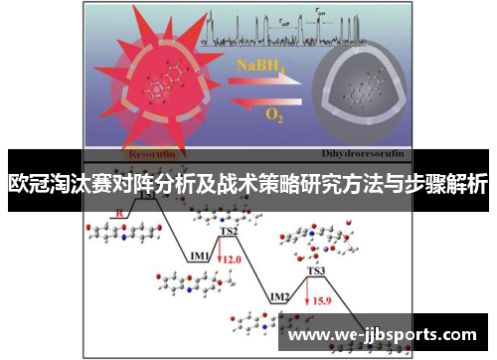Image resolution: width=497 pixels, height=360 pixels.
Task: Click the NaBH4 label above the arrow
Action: (x=259, y=66)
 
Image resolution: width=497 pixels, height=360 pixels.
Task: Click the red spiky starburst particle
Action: (x=160, y=90)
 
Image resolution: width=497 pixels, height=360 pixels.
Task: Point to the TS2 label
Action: (x=229, y=231)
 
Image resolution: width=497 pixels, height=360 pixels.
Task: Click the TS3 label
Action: (x=315, y=270)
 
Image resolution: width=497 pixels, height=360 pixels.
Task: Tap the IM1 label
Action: (x=199, y=256)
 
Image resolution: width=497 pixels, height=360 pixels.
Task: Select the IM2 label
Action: (x=279, y=297)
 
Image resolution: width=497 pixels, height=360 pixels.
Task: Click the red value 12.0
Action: (x=232, y=259)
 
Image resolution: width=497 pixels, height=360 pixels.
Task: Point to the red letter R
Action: (x=120, y=213)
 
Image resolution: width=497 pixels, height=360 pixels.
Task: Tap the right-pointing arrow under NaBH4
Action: (x=260, y=81)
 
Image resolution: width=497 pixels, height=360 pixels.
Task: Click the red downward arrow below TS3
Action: (x=309, y=295)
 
